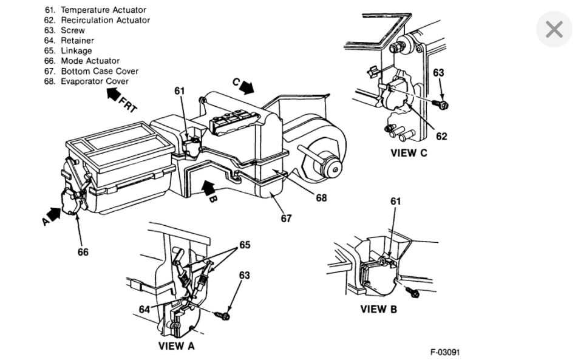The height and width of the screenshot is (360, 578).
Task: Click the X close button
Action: coord(554,29)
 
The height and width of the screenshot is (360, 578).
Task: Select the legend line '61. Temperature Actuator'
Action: coord(95,10)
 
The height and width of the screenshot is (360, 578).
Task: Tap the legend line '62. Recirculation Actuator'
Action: coord(97,20)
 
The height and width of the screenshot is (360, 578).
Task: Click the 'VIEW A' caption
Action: coord(176,346)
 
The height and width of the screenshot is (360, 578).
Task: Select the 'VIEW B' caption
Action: coord(378,309)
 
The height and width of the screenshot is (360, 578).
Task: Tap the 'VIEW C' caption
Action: coord(408,153)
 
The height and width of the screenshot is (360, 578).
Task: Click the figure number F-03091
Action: coord(449,352)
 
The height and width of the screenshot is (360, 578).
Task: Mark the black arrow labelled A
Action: coord(53,214)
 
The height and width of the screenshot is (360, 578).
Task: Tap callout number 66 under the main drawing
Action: coord(83,252)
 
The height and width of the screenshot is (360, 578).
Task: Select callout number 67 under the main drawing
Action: coord(286,219)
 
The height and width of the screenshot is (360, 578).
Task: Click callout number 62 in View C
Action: coord(441,136)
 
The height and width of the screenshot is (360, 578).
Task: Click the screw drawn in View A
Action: coord(223,316)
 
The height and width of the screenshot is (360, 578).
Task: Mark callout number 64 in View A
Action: coord(144,310)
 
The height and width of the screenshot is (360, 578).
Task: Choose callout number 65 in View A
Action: coord(245,245)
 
